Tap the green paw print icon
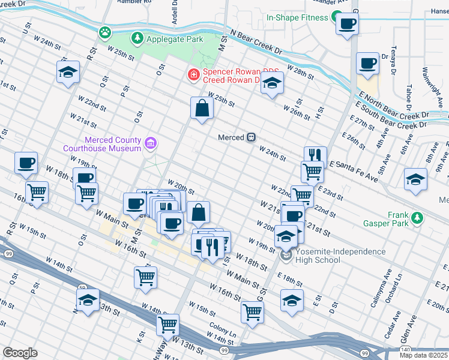(106, 31)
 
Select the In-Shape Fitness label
(297, 17)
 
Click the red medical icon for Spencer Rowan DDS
(193, 74)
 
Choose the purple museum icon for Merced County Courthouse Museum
(151, 143)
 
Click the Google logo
(20, 352)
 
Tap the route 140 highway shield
(405, 349)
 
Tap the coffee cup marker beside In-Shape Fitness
(347, 25)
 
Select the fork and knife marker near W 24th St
(315, 155)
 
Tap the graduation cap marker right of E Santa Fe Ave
(415, 179)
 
